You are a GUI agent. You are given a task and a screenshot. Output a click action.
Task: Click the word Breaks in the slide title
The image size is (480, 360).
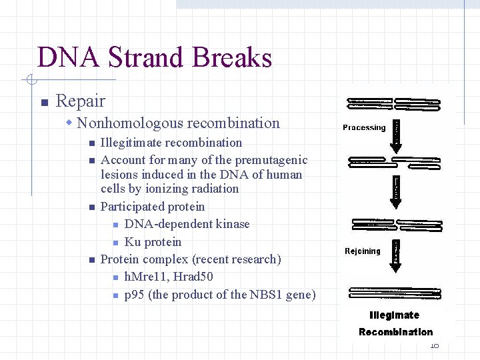pyautogui.click(x=232, y=57)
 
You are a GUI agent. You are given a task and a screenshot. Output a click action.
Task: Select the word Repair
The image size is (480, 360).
pyautogui.click(x=81, y=101)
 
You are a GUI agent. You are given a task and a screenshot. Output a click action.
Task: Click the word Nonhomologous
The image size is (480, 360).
pyautogui.click(x=131, y=123)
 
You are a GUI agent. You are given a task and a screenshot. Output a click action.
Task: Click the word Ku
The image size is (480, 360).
pyautogui.click(x=132, y=242)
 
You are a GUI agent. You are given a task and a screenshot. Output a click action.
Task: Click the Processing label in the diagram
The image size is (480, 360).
pyautogui.click(x=364, y=127)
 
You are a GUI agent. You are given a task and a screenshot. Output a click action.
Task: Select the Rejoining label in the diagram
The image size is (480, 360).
pyautogui.click(x=363, y=251)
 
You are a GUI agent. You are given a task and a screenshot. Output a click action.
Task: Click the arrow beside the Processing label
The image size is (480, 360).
pyautogui.click(x=396, y=134)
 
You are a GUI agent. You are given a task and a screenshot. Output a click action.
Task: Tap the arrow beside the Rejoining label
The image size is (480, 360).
pyautogui.click(x=396, y=253)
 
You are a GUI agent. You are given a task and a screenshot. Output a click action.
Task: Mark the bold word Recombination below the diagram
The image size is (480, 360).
pyautogui.click(x=395, y=332)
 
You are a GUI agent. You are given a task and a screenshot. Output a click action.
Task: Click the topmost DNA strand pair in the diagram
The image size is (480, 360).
pyautogui.click(x=394, y=105)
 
